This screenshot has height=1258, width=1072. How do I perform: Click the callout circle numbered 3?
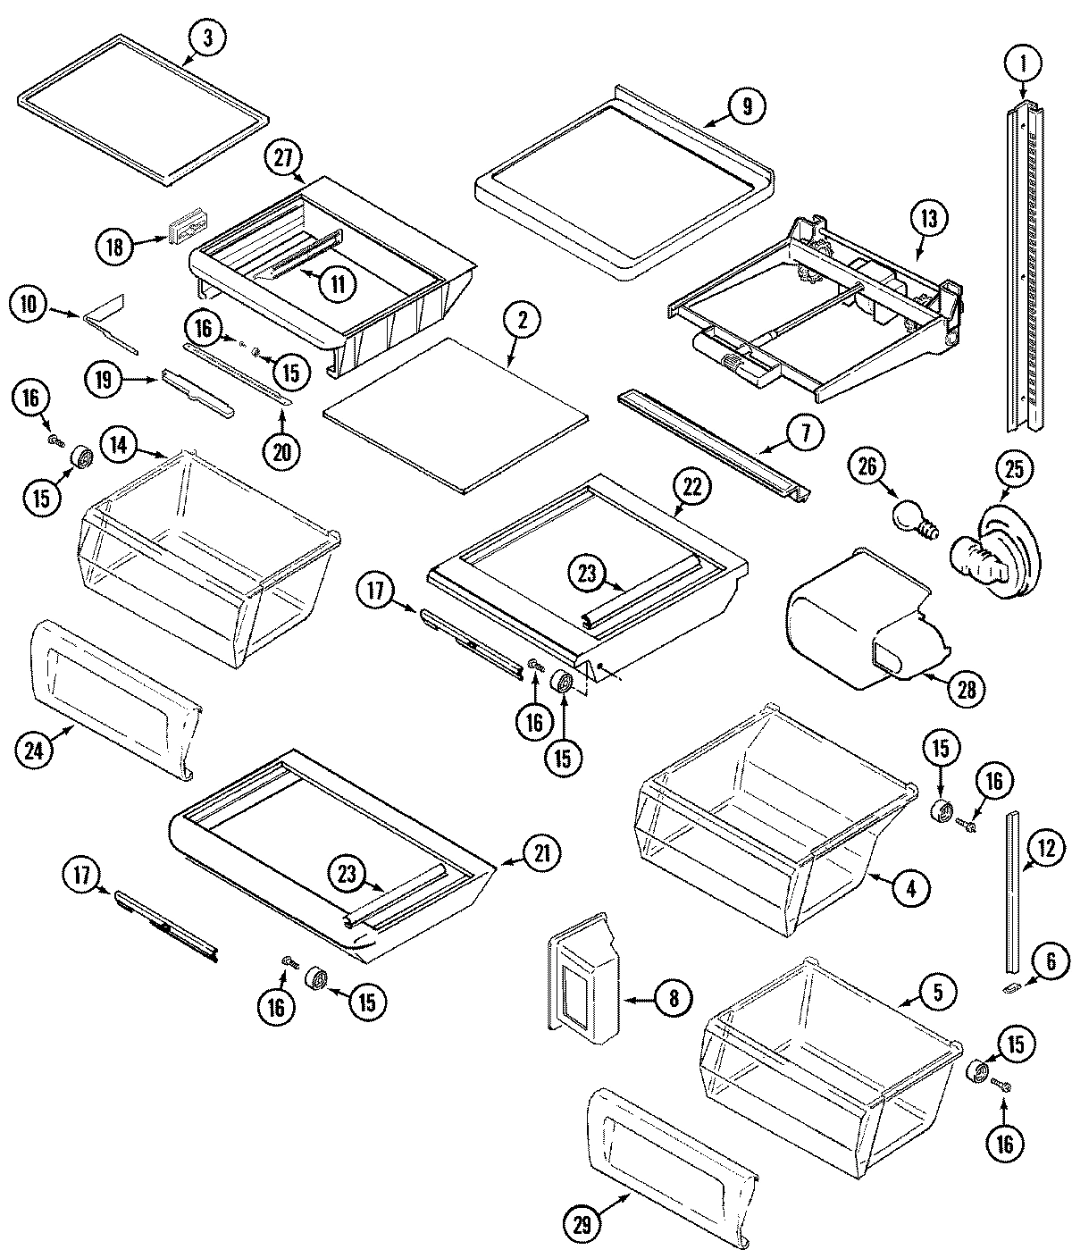207,38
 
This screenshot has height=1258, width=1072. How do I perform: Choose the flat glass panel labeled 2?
456,413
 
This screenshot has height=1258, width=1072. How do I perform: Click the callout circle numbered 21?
541,853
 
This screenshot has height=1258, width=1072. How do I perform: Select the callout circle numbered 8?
673,997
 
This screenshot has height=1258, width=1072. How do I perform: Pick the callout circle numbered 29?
582,1227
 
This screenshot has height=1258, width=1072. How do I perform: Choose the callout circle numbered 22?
693,488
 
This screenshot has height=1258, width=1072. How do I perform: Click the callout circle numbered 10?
28,305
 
